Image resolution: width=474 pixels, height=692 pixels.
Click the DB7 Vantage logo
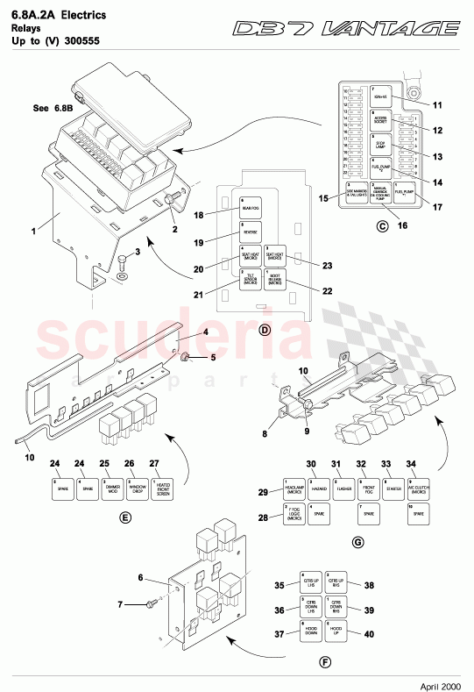[x=346, y=29]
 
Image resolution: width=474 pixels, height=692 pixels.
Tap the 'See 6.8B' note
[x=53, y=109]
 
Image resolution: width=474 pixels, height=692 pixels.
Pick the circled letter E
[x=125, y=517]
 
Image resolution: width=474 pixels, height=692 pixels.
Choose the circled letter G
[x=357, y=542]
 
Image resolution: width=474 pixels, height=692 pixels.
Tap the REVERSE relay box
[x=251, y=232]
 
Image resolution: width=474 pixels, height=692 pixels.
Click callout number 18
[x=198, y=215]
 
